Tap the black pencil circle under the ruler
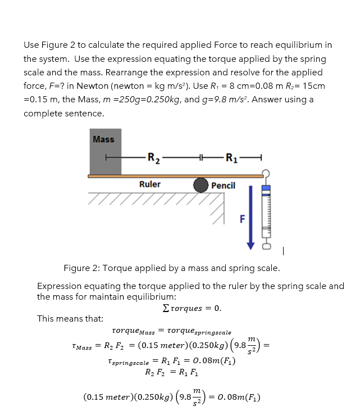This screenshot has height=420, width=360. click(x=202, y=186)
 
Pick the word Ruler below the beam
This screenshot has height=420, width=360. click(x=149, y=184)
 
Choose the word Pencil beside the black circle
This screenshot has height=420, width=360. click(x=224, y=186)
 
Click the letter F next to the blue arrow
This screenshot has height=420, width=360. click(x=242, y=219)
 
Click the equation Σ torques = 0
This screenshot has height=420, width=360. click(x=192, y=308)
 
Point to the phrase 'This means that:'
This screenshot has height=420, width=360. click(x=70, y=319)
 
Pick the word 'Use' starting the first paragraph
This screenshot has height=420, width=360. click(x=31, y=44)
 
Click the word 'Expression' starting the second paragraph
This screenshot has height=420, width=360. click(x=58, y=286)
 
